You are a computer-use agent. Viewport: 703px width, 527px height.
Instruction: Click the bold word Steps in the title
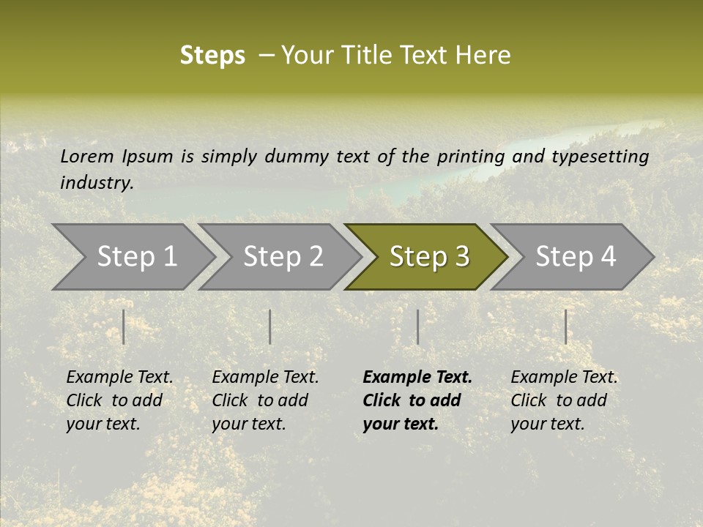(x=212, y=56)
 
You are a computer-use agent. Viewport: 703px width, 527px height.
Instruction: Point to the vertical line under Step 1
(x=124, y=326)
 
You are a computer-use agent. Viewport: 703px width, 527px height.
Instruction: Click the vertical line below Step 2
(x=270, y=326)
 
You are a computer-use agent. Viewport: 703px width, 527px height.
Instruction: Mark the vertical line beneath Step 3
(x=417, y=326)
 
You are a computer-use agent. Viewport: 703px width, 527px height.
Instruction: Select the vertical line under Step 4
(x=565, y=326)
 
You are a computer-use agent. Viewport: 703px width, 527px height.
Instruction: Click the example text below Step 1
(x=119, y=400)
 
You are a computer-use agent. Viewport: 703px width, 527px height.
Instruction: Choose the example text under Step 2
(x=265, y=400)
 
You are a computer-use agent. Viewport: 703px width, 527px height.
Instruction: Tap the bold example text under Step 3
(x=417, y=400)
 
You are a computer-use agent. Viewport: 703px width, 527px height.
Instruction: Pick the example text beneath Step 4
(x=564, y=400)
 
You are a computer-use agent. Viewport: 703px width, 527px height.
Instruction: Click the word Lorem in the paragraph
(x=87, y=156)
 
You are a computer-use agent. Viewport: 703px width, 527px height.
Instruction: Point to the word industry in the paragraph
(x=96, y=183)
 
